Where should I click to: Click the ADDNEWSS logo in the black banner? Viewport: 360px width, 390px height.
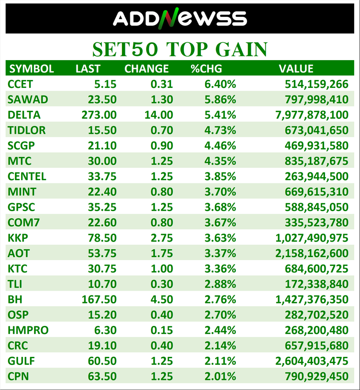click(x=180, y=18)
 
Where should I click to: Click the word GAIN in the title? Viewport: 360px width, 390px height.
click(x=241, y=49)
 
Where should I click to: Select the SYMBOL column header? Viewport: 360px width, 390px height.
click(x=32, y=68)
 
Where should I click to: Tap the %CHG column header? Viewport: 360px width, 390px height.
click(x=206, y=68)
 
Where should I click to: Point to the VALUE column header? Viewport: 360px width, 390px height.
click(x=296, y=68)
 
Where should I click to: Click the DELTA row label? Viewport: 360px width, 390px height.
click(x=24, y=115)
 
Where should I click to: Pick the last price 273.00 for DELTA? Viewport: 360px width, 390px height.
click(x=99, y=115)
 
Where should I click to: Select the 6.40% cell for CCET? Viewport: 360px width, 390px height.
click(x=220, y=84)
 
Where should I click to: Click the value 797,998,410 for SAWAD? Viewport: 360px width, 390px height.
click(x=316, y=99)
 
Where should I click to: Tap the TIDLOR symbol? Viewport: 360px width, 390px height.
click(x=27, y=130)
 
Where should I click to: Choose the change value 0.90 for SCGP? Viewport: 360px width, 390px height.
click(x=162, y=146)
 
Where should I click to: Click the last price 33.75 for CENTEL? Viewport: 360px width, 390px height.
click(x=102, y=177)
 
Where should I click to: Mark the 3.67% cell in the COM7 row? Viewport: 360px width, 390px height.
click(x=220, y=223)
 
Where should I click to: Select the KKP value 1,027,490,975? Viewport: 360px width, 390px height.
click(x=312, y=238)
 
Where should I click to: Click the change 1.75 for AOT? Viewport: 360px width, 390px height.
click(x=162, y=254)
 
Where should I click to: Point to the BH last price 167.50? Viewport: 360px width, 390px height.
click(x=99, y=299)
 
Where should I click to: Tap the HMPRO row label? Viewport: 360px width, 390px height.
click(x=28, y=330)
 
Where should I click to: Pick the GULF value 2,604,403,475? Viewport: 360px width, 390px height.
click(x=312, y=361)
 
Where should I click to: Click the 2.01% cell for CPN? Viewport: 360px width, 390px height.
click(x=220, y=377)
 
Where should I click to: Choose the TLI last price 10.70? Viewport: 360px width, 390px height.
click(x=102, y=284)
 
